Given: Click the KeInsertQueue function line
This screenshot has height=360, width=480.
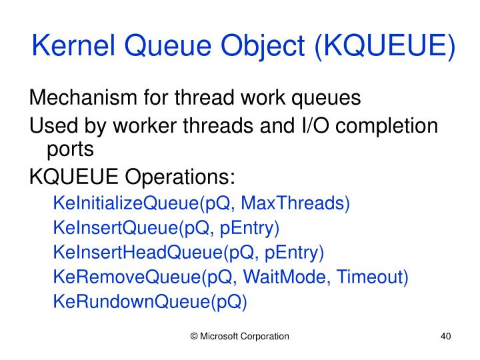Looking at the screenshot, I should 166,227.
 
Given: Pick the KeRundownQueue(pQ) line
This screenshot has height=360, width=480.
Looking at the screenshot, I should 150,302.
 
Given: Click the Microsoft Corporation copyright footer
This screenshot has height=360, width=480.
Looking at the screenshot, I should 240,337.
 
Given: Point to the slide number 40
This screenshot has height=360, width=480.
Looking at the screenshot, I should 447,337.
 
